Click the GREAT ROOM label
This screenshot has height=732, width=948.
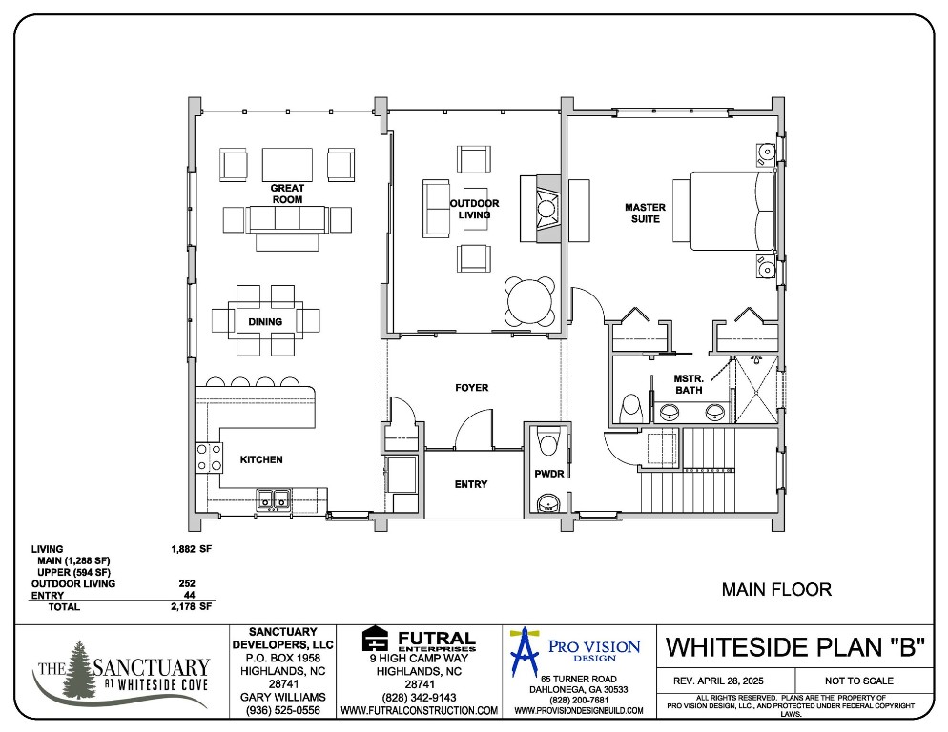[x=287, y=193]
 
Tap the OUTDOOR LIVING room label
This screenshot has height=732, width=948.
[x=474, y=209]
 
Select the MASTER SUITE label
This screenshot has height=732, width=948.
[x=645, y=213]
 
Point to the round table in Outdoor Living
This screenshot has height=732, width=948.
[x=529, y=300]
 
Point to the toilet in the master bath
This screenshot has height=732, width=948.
[x=629, y=408]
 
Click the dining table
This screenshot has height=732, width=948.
[x=266, y=321]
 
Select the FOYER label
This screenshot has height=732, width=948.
[x=471, y=388]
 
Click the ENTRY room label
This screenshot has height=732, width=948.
[x=470, y=484]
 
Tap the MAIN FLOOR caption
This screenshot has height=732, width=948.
[x=775, y=590]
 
